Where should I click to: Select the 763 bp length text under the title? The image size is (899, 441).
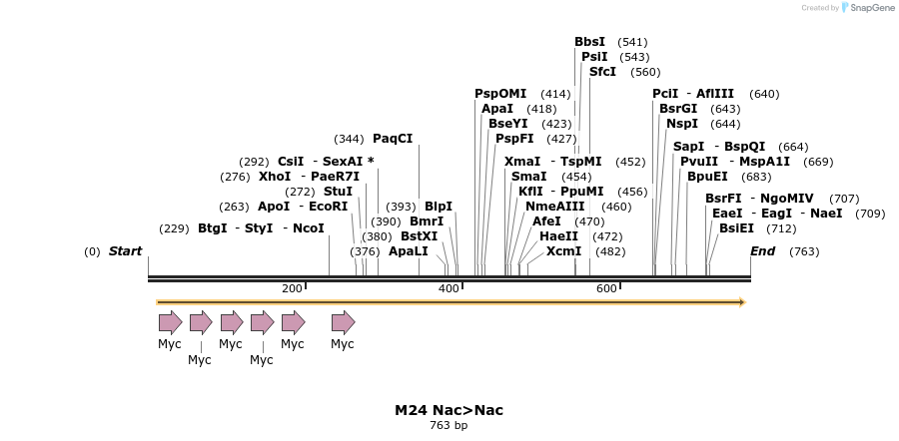click(x=449, y=426)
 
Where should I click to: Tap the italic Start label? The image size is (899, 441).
click(x=125, y=251)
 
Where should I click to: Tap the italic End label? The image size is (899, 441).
click(x=762, y=251)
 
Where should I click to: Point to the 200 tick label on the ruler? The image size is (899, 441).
click(x=292, y=288)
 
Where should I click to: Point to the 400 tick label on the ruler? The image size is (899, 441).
click(x=449, y=288)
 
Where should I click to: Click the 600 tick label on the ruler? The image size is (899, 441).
click(x=606, y=288)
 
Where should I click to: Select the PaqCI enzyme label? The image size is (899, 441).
click(x=393, y=139)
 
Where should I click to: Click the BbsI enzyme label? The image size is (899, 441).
click(x=589, y=42)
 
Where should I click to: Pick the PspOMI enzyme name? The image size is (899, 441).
click(x=500, y=94)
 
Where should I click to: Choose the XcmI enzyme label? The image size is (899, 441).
click(x=563, y=251)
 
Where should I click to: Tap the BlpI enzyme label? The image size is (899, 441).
click(x=439, y=207)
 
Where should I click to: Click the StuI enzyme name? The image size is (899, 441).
click(x=338, y=192)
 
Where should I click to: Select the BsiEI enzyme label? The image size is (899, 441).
click(x=736, y=228)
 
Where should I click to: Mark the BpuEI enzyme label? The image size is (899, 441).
click(x=707, y=177)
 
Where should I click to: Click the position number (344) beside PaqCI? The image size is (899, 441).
click(x=349, y=139)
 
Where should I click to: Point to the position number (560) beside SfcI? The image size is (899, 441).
click(x=645, y=72)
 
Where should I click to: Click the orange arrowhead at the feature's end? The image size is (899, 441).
click(x=741, y=301)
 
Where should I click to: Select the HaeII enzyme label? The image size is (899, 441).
click(x=558, y=236)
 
